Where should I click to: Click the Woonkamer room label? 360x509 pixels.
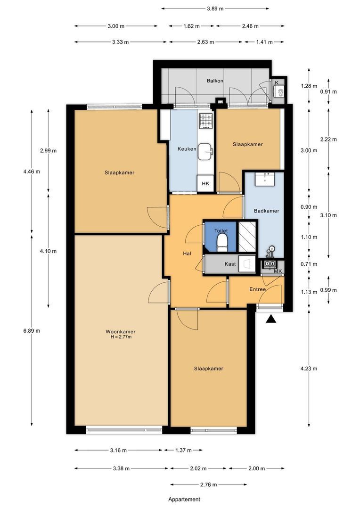coord(121,332)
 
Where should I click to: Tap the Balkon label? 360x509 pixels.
coord(215,81)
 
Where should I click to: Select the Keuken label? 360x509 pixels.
coord(187,149)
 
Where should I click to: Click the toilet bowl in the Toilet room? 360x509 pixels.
coord(222,243)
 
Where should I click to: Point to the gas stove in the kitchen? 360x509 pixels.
coord(205,121)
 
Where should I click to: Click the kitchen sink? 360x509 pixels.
coord(205,152)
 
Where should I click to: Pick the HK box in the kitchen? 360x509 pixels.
coord(205,183)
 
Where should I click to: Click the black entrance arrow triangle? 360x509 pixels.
coord(271,320)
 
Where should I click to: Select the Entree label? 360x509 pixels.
coord(257,289)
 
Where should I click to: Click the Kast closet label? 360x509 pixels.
coord(230,264)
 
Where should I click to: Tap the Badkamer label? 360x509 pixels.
coord(267,211)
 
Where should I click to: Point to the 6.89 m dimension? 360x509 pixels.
coord(32,331)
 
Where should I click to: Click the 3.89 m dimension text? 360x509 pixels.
coord(215,9)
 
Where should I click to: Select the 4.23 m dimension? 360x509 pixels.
coord(309,369)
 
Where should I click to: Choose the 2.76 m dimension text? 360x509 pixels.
coord(208,484)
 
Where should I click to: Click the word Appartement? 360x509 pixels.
coord(184,499)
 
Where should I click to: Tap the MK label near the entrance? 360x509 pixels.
coord(278,271)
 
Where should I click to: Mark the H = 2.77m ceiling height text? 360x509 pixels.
coord(121,337)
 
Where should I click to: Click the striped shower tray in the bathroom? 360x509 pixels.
coord(247,236)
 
